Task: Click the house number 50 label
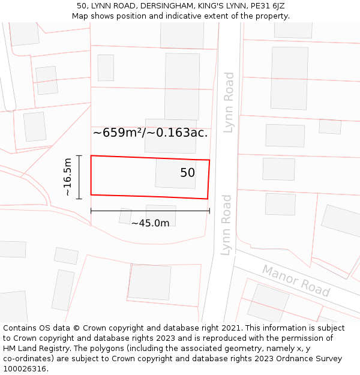[x=187, y=173]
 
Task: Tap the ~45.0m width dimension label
[x=150, y=223]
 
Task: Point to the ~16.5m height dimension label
[x=68, y=176]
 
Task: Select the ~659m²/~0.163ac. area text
[x=150, y=133]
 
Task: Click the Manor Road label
[x=296, y=280]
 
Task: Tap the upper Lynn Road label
[x=229, y=102]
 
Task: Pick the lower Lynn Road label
[x=226, y=224]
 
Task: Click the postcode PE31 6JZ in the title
[x=265, y=6]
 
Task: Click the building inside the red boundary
[x=175, y=174]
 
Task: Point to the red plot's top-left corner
[x=91, y=156]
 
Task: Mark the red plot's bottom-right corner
[x=208, y=199]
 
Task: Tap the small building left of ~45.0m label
[x=125, y=215]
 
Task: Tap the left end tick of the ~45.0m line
[x=91, y=211]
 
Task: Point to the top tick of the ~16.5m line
[x=79, y=156]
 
